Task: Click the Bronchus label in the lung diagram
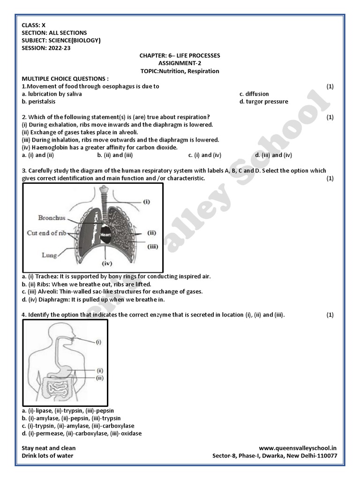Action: click(52, 218)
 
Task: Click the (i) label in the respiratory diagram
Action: click(147, 202)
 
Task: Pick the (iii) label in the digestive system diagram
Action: click(99, 377)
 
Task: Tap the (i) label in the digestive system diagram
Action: click(98, 342)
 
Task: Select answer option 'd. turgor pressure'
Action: click(263, 101)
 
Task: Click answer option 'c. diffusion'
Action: click(254, 94)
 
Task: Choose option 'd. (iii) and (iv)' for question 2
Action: click(274, 155)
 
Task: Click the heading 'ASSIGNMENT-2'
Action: click(180, 63)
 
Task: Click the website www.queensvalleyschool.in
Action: click(298, 448)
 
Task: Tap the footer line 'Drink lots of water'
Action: click(47, 456)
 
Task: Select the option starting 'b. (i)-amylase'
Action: click(71, 418)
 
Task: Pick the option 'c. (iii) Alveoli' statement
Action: click(112, 292)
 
